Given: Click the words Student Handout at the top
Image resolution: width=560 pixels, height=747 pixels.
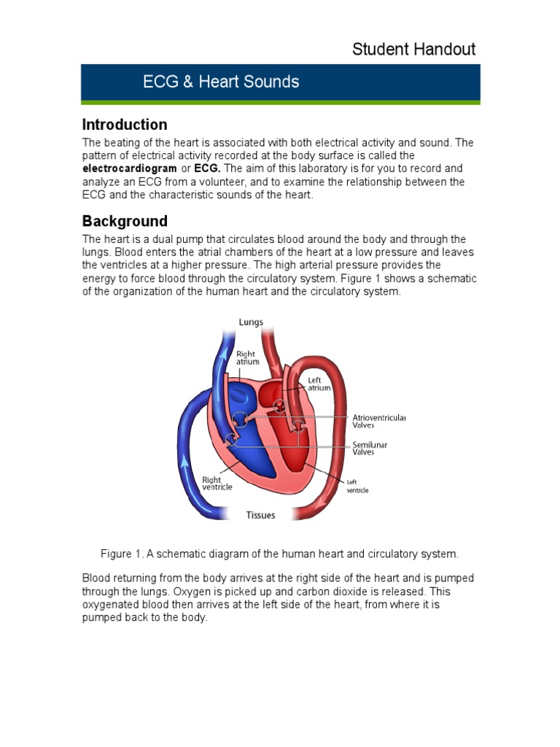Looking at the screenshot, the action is [413, 50].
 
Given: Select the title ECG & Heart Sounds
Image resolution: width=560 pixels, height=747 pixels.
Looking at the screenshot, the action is [221, 82].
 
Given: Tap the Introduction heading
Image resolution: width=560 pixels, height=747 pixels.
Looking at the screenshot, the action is [125, 124].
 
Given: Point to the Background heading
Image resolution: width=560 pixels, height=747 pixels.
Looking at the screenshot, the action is [125, 221].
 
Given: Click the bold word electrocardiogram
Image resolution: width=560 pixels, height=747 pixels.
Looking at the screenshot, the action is [129, 169].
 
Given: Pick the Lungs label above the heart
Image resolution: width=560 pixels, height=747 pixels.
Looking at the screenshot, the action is [251, 322].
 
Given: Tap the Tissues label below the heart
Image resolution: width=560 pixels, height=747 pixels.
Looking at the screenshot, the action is [260, 515].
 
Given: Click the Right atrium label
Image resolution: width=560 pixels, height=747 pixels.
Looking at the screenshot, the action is [245, 357].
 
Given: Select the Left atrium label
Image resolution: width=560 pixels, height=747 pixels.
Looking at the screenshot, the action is [319, 384].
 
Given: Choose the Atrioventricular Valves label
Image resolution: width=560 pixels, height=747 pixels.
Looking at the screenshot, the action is [379, 421].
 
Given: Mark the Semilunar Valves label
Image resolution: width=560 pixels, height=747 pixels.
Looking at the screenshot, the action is [370, 448].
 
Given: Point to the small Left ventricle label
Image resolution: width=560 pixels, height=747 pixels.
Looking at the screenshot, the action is [357, 486].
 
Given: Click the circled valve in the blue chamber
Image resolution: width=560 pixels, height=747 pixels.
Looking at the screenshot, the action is [241, 419].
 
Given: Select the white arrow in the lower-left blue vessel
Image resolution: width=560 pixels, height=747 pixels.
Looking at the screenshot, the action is [184, 461].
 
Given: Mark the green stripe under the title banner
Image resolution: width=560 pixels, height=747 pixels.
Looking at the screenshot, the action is [280, 103].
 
